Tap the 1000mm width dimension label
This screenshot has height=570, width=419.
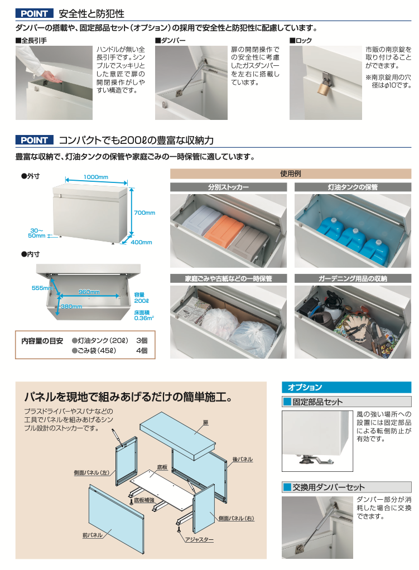[95, 177]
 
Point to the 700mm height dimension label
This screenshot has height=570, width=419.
[145, 212]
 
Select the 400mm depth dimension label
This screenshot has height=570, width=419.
[142, 242]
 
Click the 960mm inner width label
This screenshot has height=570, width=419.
[89, 292]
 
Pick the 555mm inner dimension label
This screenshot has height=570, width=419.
[42, 288]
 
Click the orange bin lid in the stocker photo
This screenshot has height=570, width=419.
[223, 228]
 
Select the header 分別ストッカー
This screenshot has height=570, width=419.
[228, 187]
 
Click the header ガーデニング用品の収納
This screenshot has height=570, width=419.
[353, 278]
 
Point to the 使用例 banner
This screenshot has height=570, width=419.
[291, 174]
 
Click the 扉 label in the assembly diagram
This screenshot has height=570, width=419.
[206, 423]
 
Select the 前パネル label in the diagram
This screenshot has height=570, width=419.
[93, 535]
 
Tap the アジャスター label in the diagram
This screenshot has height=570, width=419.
[199, 540]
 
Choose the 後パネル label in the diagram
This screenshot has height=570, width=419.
[243, 460]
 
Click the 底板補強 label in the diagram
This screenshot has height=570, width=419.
[144, 500]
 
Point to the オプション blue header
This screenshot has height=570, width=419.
[346, 387]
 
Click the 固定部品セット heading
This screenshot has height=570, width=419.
[317, 402]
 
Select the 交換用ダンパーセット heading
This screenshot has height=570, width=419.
[329, 487]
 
